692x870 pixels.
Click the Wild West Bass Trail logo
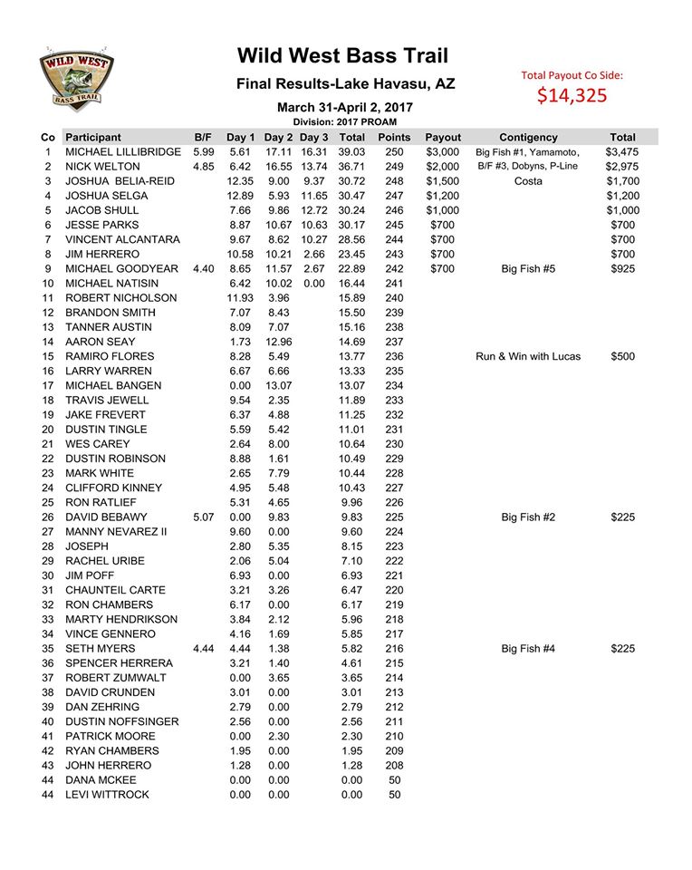[75, 79]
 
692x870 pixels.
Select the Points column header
[394, 137]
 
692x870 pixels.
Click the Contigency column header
[527, 137]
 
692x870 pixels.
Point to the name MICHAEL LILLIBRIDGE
[123, 152]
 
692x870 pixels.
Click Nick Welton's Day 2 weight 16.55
[279, 167]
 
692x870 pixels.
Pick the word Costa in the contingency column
[527, 181]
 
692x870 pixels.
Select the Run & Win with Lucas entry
[527, 356]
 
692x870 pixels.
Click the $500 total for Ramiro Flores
[622, 356]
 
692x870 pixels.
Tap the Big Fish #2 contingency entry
[527, 517]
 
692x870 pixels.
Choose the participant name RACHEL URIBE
[104, 561]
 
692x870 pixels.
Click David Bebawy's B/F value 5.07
[203, 517]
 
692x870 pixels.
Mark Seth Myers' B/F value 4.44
[203, 649]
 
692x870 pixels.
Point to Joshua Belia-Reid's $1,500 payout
[443, 181]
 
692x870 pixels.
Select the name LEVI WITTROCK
[107, 795]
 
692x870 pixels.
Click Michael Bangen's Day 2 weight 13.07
[279, 385]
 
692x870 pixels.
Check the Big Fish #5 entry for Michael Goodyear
[527, 269]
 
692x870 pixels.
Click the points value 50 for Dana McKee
[394, 780]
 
